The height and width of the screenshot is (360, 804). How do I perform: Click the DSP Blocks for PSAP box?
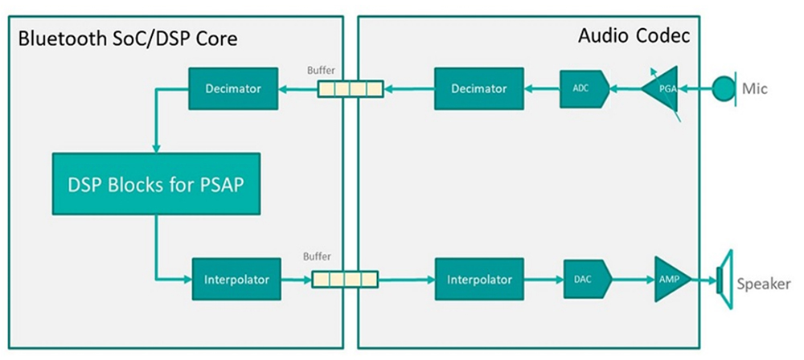coord(156,184)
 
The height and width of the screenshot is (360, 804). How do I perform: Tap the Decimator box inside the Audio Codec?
coord(478,88)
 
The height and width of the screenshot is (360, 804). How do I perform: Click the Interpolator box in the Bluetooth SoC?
coord(236,280)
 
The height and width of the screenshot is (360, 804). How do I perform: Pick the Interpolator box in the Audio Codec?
coord(478,280)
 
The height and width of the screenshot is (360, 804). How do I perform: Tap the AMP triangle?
coord(667,280)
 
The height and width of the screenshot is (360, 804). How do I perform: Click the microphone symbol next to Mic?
coord(726,88)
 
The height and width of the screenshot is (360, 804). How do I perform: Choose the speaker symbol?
coord(725,280)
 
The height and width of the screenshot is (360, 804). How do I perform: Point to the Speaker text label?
coord(764,284)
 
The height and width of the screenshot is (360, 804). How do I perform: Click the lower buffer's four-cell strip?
coord(344,280)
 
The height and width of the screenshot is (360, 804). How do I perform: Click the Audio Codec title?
coord(634,37)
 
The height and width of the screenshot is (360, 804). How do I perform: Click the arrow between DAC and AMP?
coord(633,280)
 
